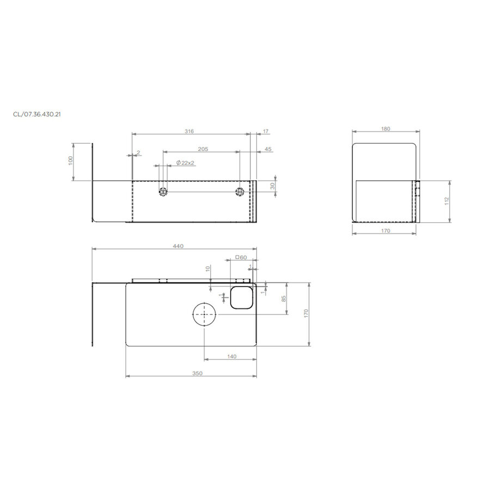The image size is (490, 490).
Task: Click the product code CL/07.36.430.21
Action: pos(36,114)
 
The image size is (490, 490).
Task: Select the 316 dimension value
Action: pos(189,131)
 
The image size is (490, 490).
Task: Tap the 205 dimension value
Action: pos(203,149)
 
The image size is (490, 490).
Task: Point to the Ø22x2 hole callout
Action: pos(186,163)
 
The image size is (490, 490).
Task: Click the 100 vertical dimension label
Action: pos(70,162)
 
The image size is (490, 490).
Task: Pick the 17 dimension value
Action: pos(266,131)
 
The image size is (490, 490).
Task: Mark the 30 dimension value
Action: pos(272,186)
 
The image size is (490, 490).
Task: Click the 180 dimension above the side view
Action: pos(385,129)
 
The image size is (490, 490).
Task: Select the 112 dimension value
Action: pos(446,201)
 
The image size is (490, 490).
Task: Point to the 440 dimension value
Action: pos(177,246)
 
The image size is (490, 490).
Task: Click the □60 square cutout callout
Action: pos(241,257)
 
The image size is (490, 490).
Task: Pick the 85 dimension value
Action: pos(284,298)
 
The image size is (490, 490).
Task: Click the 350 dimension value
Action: pos(197,373)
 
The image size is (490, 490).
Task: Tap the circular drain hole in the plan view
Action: pos(204,314)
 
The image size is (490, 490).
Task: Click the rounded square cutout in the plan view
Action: pos(241,297)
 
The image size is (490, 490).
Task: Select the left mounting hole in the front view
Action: pos(163,192)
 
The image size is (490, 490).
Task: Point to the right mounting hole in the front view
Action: pos(240,192)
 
